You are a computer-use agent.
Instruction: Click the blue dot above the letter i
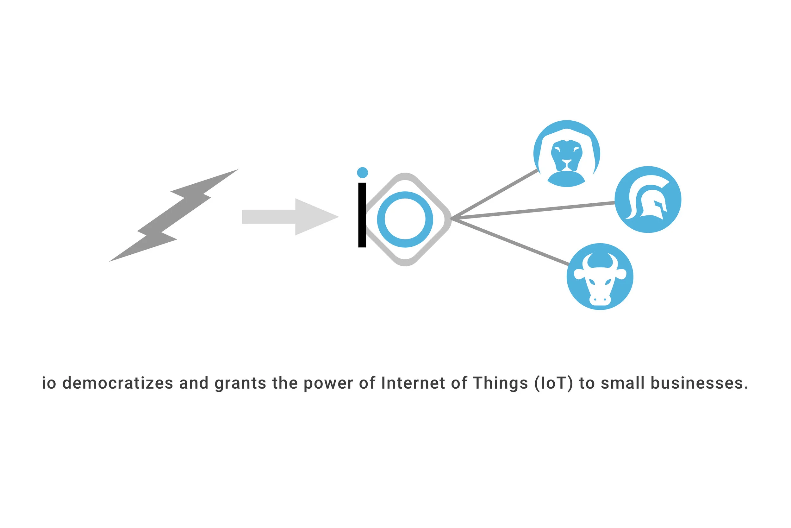point(362,172)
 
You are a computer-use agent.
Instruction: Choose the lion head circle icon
point(567,154)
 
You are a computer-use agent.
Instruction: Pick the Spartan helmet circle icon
point(648,199)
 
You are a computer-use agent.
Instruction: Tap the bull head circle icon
point(600,277)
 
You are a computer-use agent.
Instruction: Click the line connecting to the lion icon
point(494,194)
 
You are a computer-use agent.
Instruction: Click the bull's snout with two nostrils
point(600,299)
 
